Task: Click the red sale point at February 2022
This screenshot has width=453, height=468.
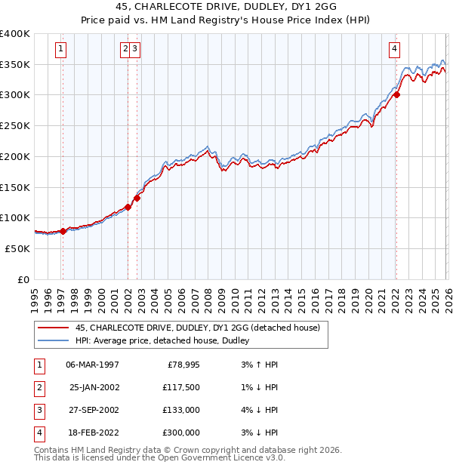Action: (396, 94)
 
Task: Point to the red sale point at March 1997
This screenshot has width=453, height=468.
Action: (63, 231)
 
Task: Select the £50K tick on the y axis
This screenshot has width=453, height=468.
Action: (18, 248)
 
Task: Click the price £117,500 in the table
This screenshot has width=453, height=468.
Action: (180, 387)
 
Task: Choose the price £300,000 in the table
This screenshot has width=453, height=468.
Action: (180, 433)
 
